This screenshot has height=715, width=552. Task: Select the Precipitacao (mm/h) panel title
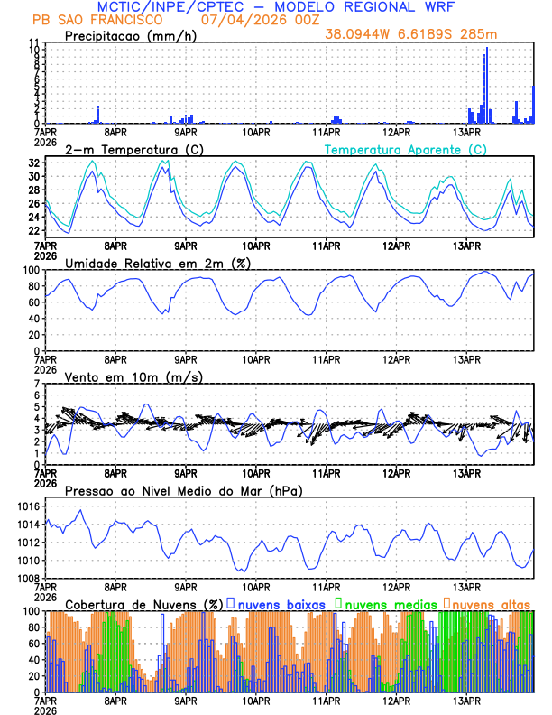tap(132, 35)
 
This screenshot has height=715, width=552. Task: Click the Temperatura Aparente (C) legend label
tap(405, 148)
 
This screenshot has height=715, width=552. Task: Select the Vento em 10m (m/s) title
tap(134, 376)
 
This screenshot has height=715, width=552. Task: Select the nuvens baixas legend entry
tap(282, 603)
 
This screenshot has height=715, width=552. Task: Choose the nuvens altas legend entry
tap(492, 603)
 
